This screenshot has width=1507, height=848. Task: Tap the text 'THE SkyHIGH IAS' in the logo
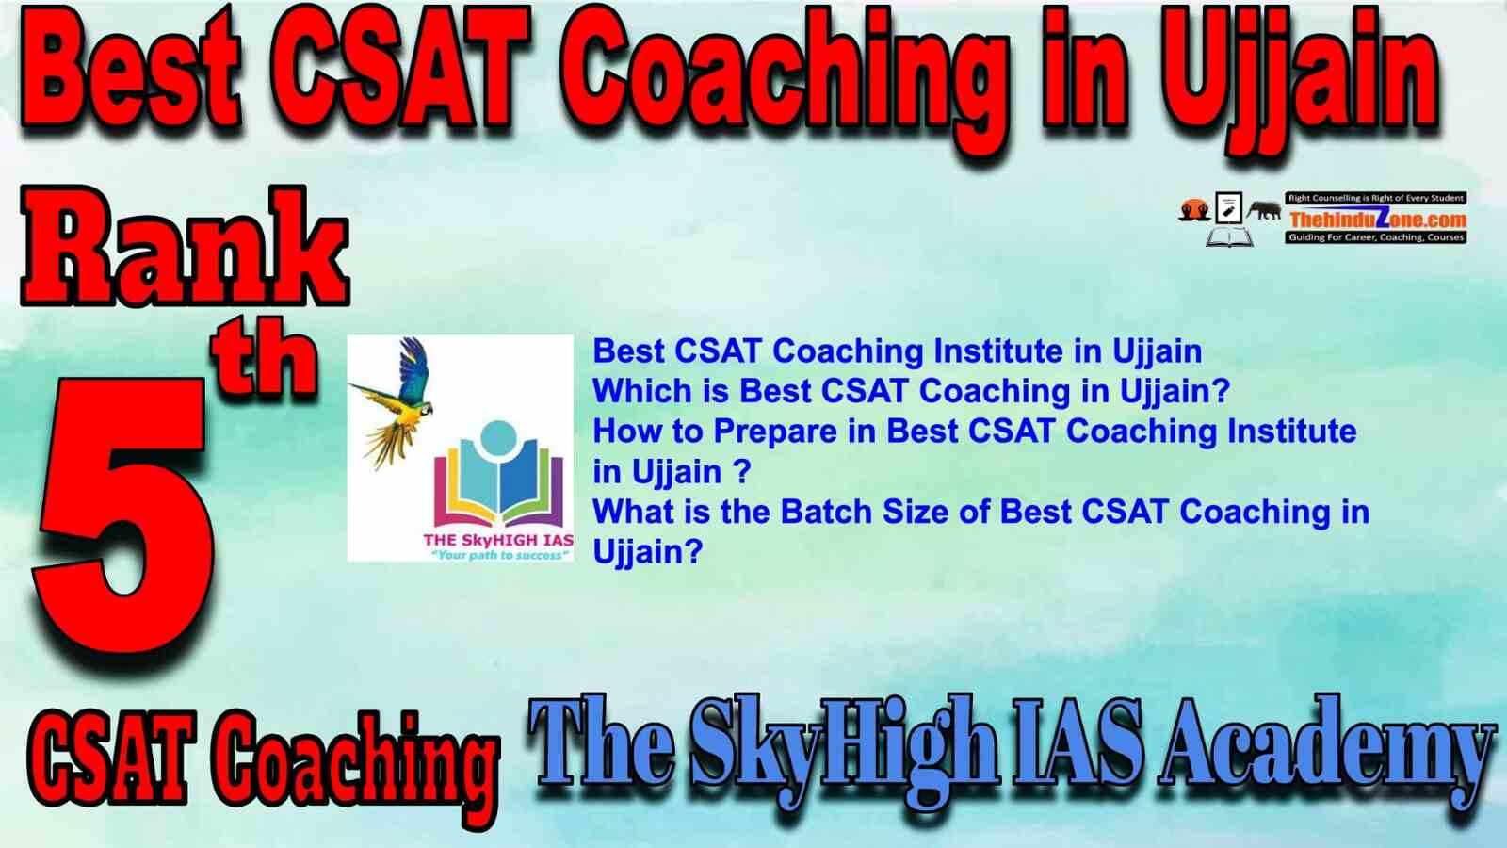[x=498, y=541]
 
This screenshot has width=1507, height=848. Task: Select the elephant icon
[x=1264, y=211]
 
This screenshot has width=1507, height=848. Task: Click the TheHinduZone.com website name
[x=1376, y=219]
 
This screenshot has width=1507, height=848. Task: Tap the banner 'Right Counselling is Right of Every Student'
[x=1376, y=198]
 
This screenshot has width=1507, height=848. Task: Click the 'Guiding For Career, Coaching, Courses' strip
[x=1376, y=237]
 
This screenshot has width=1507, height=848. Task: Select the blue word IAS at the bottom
[x=1079, y=747]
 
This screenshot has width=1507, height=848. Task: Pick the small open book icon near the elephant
[x=1229, y=236]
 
